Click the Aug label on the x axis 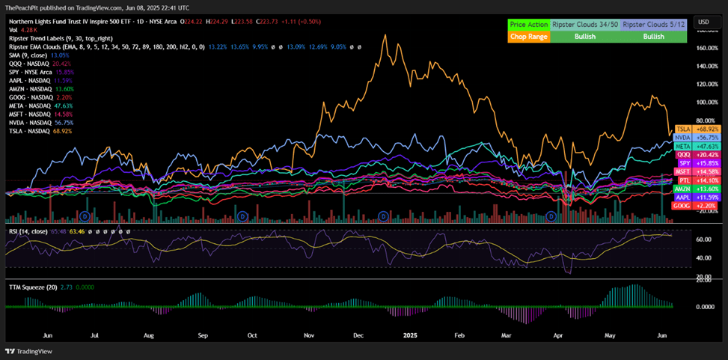pos(148,337)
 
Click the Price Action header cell pos(527,25)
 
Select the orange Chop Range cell pos(527,36)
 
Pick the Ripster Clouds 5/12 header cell pos(652,25)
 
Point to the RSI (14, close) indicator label pos(28,231)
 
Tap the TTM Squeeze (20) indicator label pos(31,287)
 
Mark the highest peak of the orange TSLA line pos(385,34)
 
